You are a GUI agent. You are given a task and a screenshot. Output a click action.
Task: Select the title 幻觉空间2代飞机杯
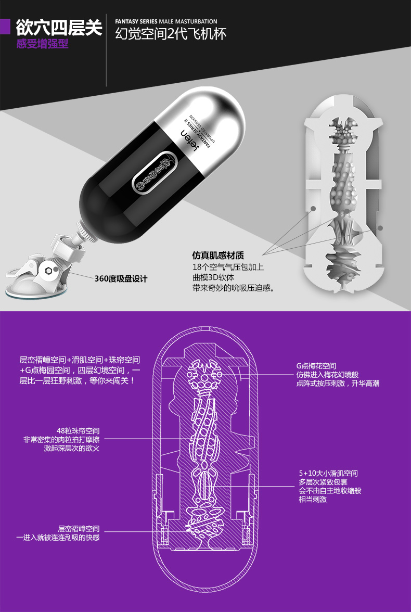pos(171,34)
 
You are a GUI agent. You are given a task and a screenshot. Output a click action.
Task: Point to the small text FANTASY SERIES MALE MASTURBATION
pos(166,21)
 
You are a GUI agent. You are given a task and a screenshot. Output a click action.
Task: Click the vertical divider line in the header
pos(107,49)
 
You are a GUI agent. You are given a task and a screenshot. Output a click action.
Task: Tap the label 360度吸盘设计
pos(121,278)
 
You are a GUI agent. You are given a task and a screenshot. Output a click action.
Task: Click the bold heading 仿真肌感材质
pos(218,256)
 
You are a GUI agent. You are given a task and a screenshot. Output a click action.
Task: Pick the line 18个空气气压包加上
pos(228,267)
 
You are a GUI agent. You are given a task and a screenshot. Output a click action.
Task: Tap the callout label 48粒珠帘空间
pos(78,430)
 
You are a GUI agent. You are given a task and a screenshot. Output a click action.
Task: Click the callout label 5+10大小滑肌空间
pos(328,473)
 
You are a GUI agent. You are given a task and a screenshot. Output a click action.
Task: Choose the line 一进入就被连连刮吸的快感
pos(58,537)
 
